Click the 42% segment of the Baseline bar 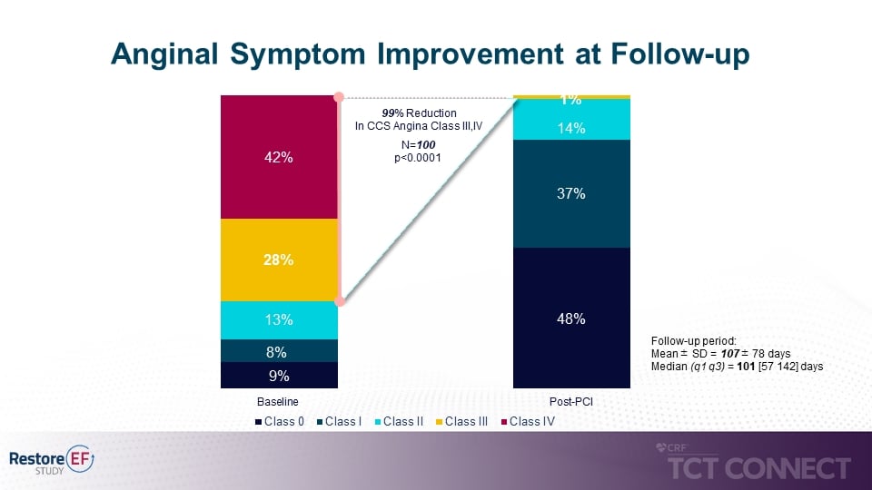[x=279, y=157]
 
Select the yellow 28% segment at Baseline [x=279, y=260]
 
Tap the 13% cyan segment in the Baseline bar [x=279, y=319]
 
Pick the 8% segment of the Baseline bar [x=279, y=351]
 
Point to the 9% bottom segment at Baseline [x=279, y=375]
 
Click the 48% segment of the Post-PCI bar [x=571, y=318]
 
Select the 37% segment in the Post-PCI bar [x=571, y=193]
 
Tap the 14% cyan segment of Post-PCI [x=571, y=129]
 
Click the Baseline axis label [x=279, y=401]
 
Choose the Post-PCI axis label [x=571, y=401]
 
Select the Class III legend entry [x=465, y=421]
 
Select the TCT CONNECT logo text [x=759, y=468]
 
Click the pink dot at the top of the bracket [x=339, y=96]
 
